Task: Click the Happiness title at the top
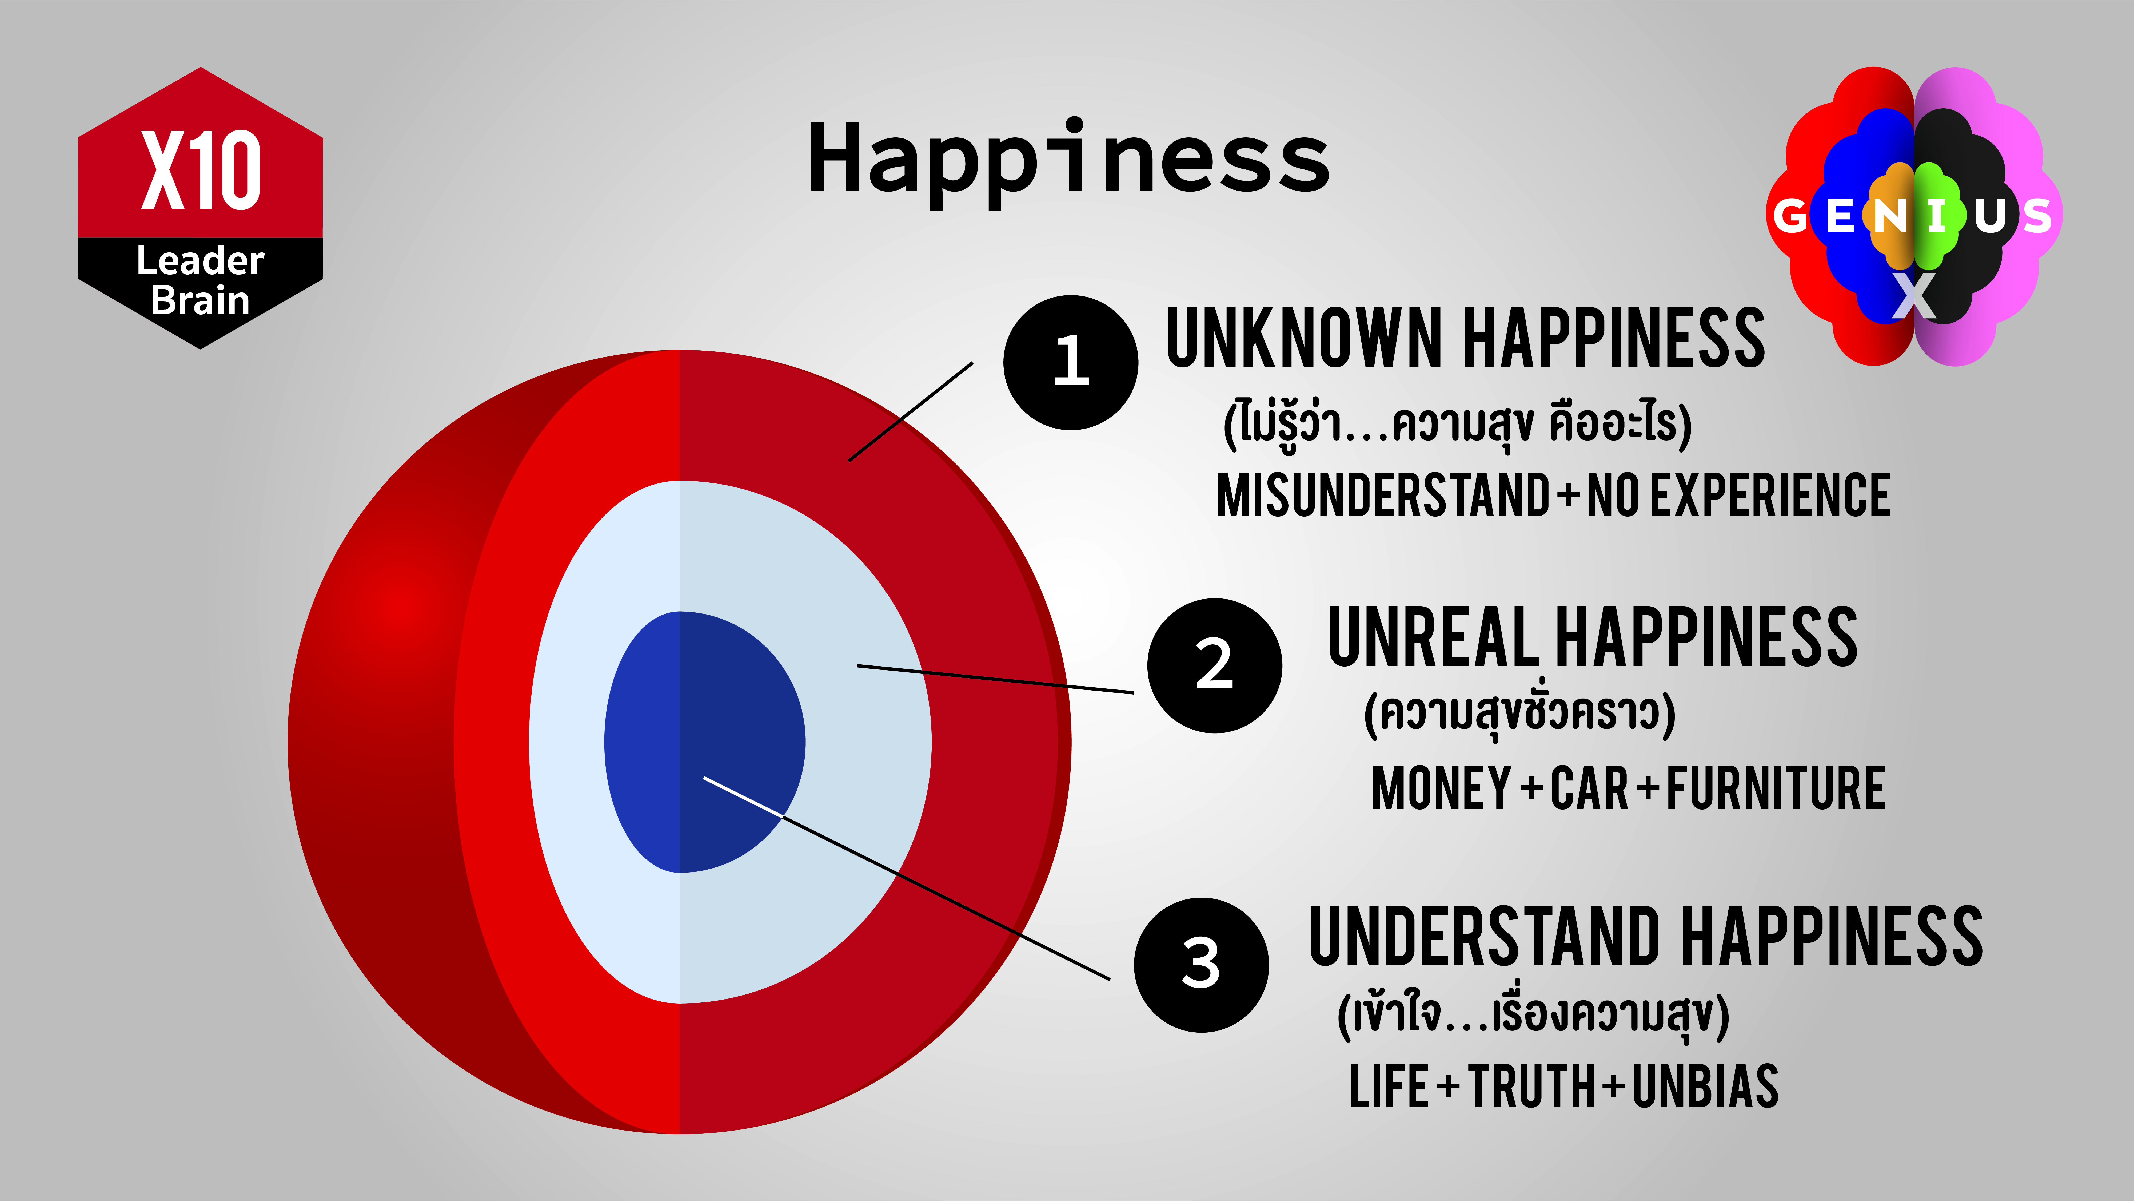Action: tap(1069, 162)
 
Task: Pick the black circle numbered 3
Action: tap(1201, 965)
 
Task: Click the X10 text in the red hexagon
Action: tap(201, 170)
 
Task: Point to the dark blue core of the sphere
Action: tap(704, 742)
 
